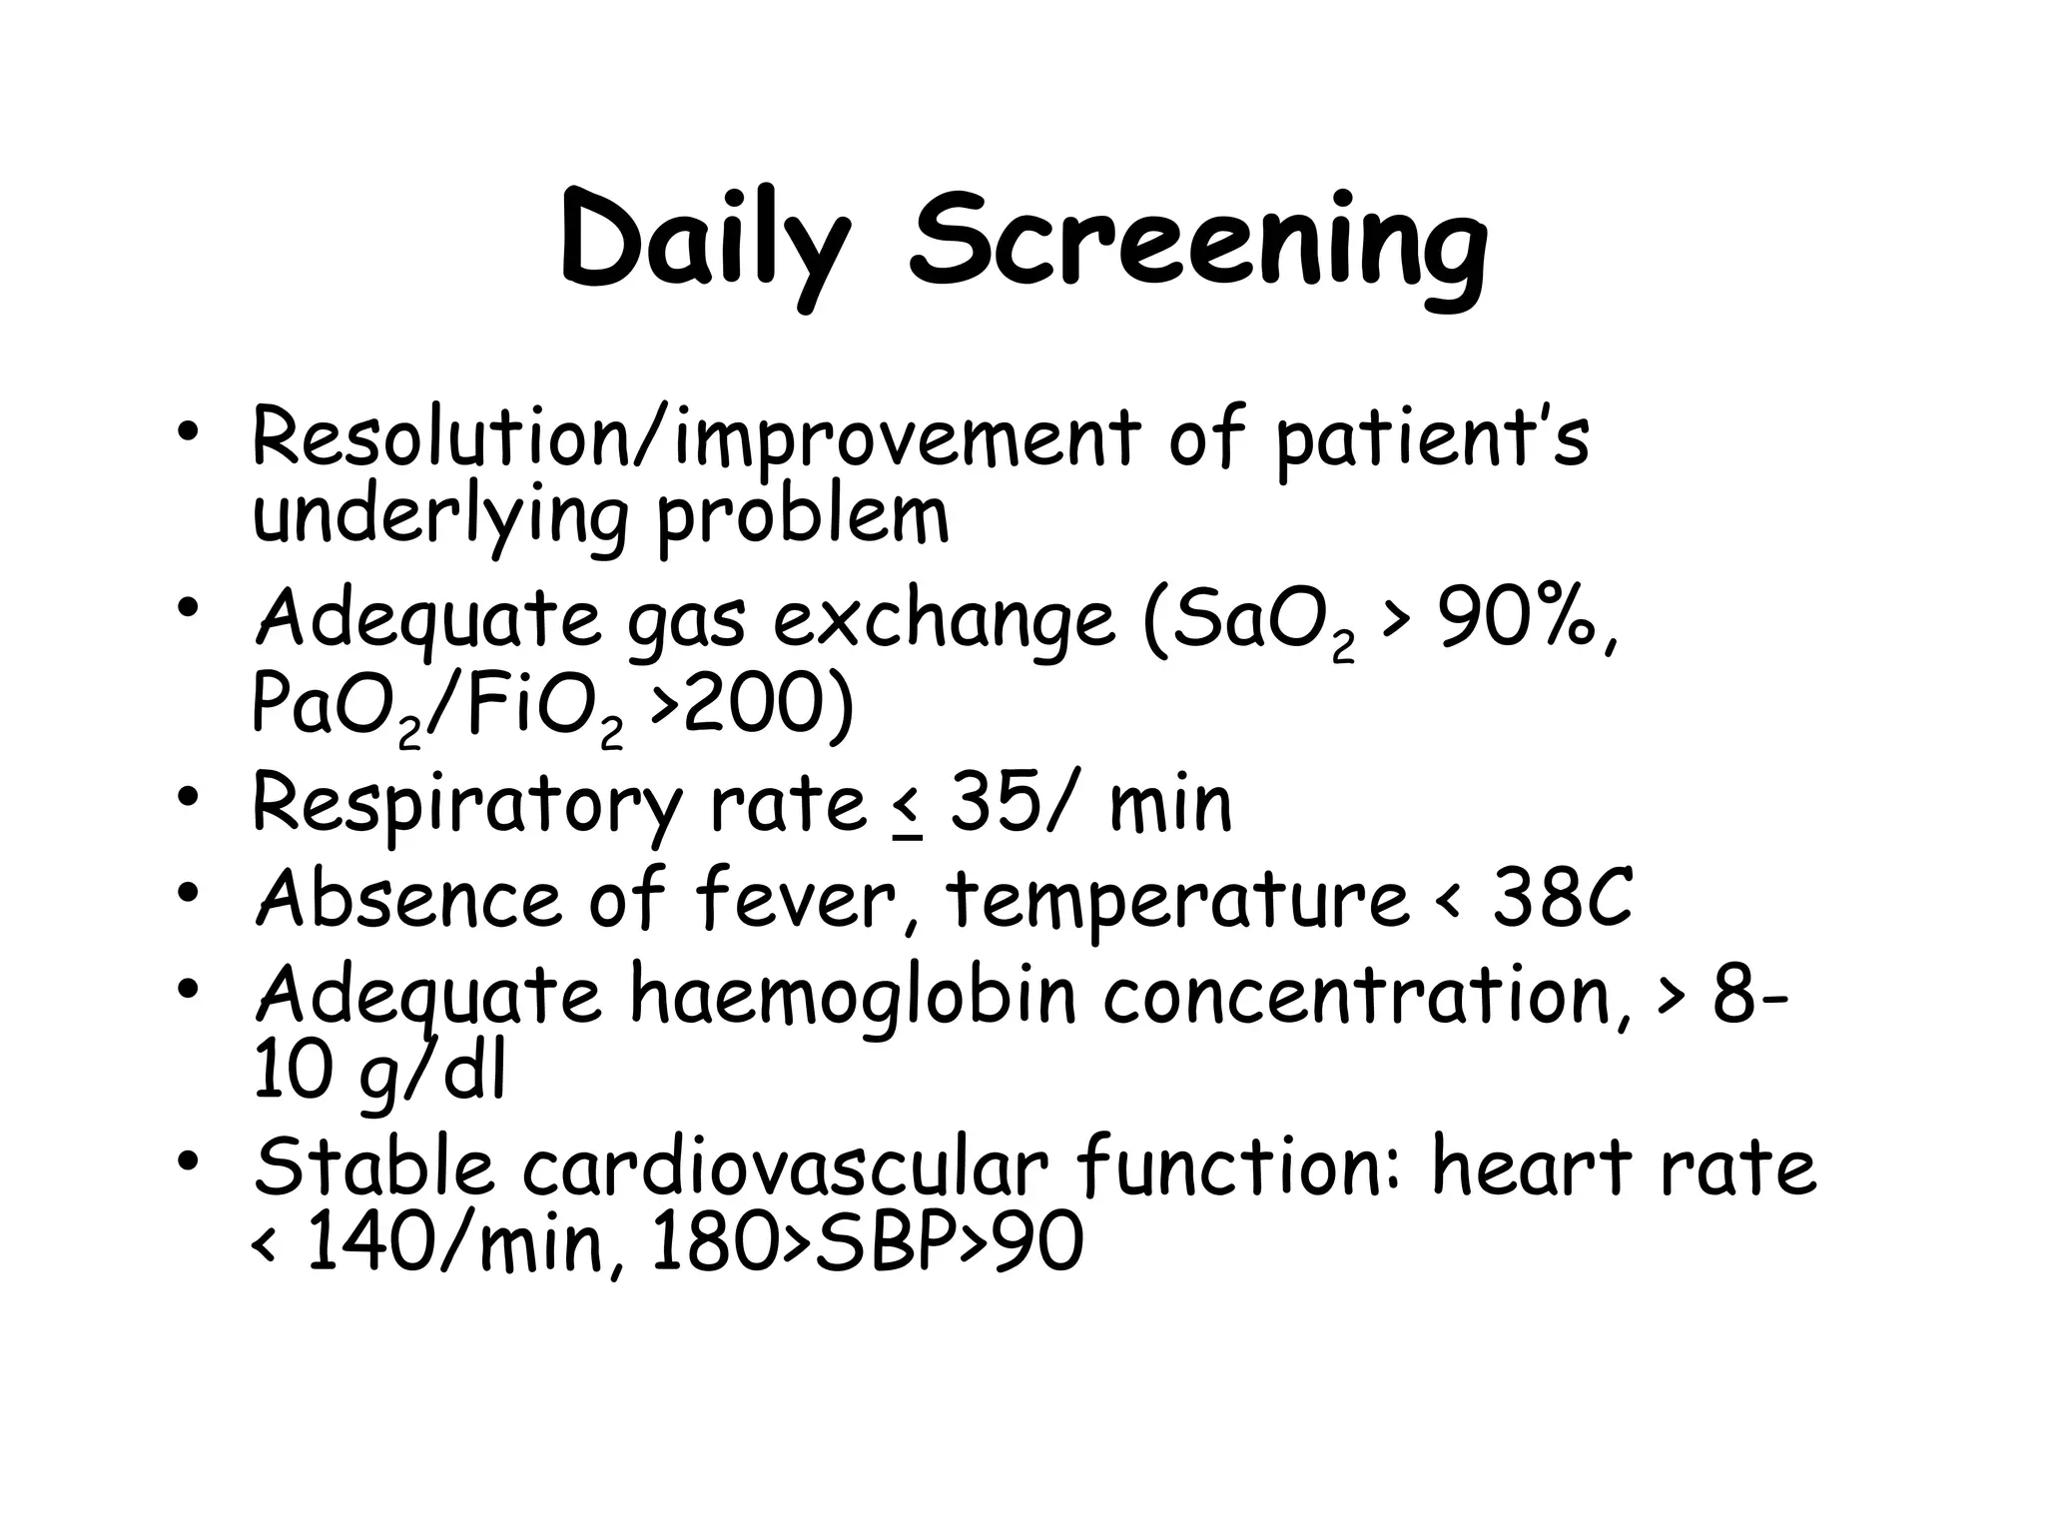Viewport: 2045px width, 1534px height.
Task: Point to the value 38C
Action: click(x=1563, y=898)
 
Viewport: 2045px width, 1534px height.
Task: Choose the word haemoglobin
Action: click(x=854, y=994)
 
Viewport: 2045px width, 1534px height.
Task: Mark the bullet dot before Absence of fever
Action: click(x=187, y=891)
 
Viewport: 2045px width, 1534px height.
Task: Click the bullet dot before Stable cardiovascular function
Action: click(x=187, y=1160)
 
